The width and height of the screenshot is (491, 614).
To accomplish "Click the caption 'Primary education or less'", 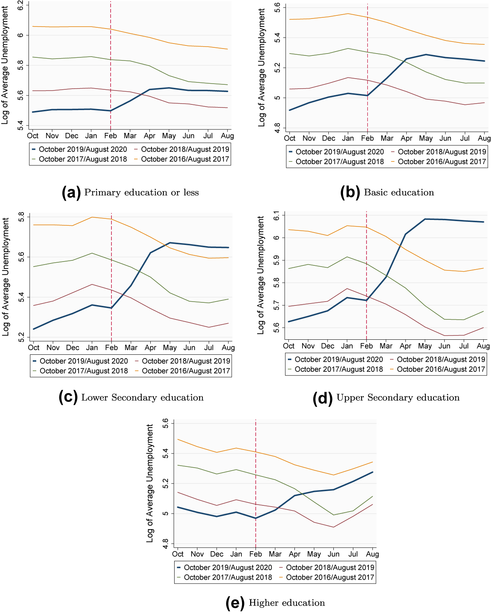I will click(141, 192).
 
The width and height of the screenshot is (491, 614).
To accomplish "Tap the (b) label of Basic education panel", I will click(350, 192).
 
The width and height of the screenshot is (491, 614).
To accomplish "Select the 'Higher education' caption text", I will click(287, 602).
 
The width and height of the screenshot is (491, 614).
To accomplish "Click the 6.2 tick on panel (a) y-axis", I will click(21, 5).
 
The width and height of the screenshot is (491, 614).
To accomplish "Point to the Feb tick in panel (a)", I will click(111, 136).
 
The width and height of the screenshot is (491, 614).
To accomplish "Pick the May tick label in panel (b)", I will click(426, 138).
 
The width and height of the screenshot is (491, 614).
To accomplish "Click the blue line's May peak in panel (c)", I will click(170, 243).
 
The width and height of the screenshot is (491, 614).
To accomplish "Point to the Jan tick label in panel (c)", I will click(92, 347).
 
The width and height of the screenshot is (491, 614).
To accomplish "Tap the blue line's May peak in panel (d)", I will click(425, 219).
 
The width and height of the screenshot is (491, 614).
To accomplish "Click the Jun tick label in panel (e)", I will click(333, 554).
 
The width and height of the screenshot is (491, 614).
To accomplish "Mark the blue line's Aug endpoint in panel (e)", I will click(372, 472).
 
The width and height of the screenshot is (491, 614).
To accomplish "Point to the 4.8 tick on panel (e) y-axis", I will click(165, 544).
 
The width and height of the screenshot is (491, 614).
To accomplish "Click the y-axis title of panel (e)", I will click(150, 483).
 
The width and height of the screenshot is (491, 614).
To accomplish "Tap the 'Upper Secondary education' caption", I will click(398, 397).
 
